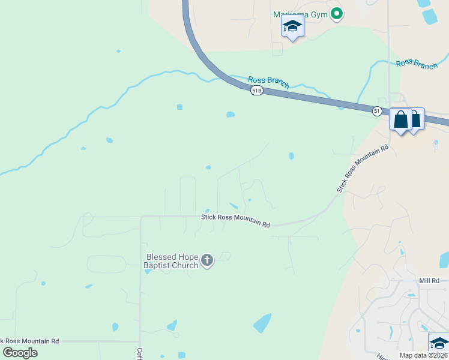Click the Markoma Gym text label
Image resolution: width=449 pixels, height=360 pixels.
[300, 14]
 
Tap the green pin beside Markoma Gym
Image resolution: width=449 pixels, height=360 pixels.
[337, 13]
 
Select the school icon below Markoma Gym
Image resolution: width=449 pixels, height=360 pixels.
[292, 26]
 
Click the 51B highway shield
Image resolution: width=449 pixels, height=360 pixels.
[256, 90]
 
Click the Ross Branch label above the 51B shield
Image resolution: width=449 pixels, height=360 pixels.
[268, 82]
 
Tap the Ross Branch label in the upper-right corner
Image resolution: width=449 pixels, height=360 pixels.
[417, 64]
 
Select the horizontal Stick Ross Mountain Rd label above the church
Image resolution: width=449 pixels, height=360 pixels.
[235, 220]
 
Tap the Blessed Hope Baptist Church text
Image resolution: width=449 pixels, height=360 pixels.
[170, 261]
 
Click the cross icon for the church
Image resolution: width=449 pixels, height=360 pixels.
[207, 260]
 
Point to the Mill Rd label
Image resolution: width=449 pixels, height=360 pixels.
[429, 281]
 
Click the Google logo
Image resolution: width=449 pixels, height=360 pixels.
[20, 352]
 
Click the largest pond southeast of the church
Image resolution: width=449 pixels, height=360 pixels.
[262, 323]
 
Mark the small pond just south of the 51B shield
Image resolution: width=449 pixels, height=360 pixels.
[231, 115]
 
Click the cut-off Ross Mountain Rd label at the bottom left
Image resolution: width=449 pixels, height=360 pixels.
[29, 340]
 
